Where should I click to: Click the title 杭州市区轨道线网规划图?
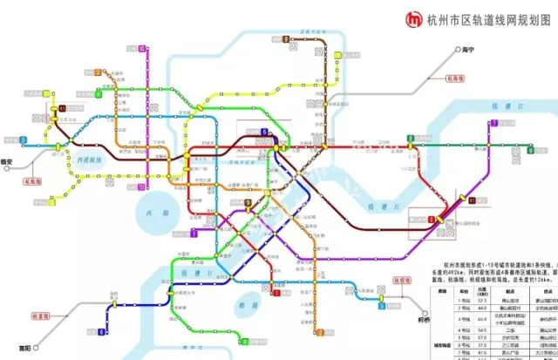pyautogui.click(x=489, y=19)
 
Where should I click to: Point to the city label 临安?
pyautogui.click(x=8, y=162)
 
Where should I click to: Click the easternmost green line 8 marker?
pyautogui.click(x=530, y=150)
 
